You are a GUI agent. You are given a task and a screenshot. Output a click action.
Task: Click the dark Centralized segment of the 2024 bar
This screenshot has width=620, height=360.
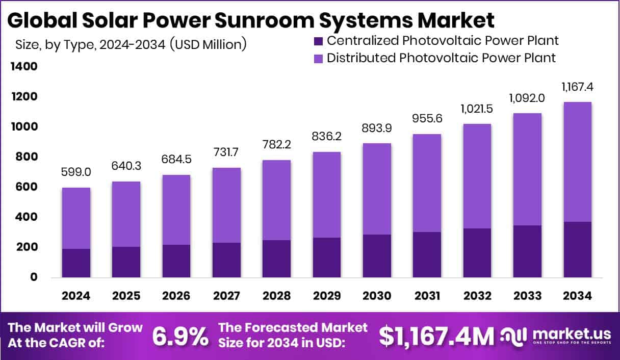point(76,263)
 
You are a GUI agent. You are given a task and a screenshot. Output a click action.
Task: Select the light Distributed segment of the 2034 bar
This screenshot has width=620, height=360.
point(577,162)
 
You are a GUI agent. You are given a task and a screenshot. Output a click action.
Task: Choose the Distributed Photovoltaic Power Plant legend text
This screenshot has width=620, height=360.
point(441,58)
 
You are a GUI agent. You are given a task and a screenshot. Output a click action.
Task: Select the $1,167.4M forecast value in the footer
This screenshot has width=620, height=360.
point(436,336)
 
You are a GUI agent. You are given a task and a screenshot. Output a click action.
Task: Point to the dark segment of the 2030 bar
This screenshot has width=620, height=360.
point(377,256)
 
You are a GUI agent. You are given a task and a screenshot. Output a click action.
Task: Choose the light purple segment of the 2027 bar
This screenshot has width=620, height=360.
point(226,205)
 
